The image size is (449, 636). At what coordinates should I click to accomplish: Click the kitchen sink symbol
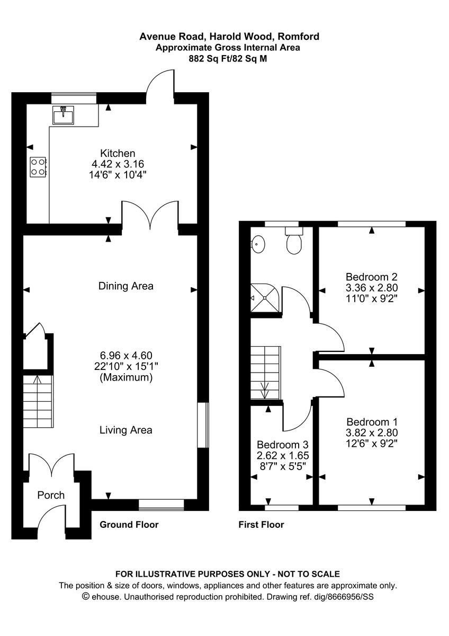63,113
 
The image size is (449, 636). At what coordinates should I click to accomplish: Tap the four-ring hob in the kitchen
38,166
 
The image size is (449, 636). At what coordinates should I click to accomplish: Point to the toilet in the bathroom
294,241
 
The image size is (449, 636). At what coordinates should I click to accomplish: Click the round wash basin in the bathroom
258,243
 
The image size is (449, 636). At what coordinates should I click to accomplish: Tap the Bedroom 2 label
371,277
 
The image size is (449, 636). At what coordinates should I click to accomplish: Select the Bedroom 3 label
282,445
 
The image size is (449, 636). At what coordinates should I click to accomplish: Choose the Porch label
51,495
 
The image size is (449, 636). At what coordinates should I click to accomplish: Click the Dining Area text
126,286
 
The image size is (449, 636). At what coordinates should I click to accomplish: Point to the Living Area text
126,430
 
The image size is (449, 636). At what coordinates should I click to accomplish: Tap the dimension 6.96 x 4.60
127,355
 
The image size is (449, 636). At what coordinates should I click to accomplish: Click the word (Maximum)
127,378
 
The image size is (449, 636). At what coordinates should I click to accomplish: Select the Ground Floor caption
129,525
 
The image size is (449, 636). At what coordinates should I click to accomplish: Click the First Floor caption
261,525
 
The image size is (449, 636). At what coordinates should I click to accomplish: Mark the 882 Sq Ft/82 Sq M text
228,59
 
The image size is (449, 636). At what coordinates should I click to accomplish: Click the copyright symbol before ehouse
85,596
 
